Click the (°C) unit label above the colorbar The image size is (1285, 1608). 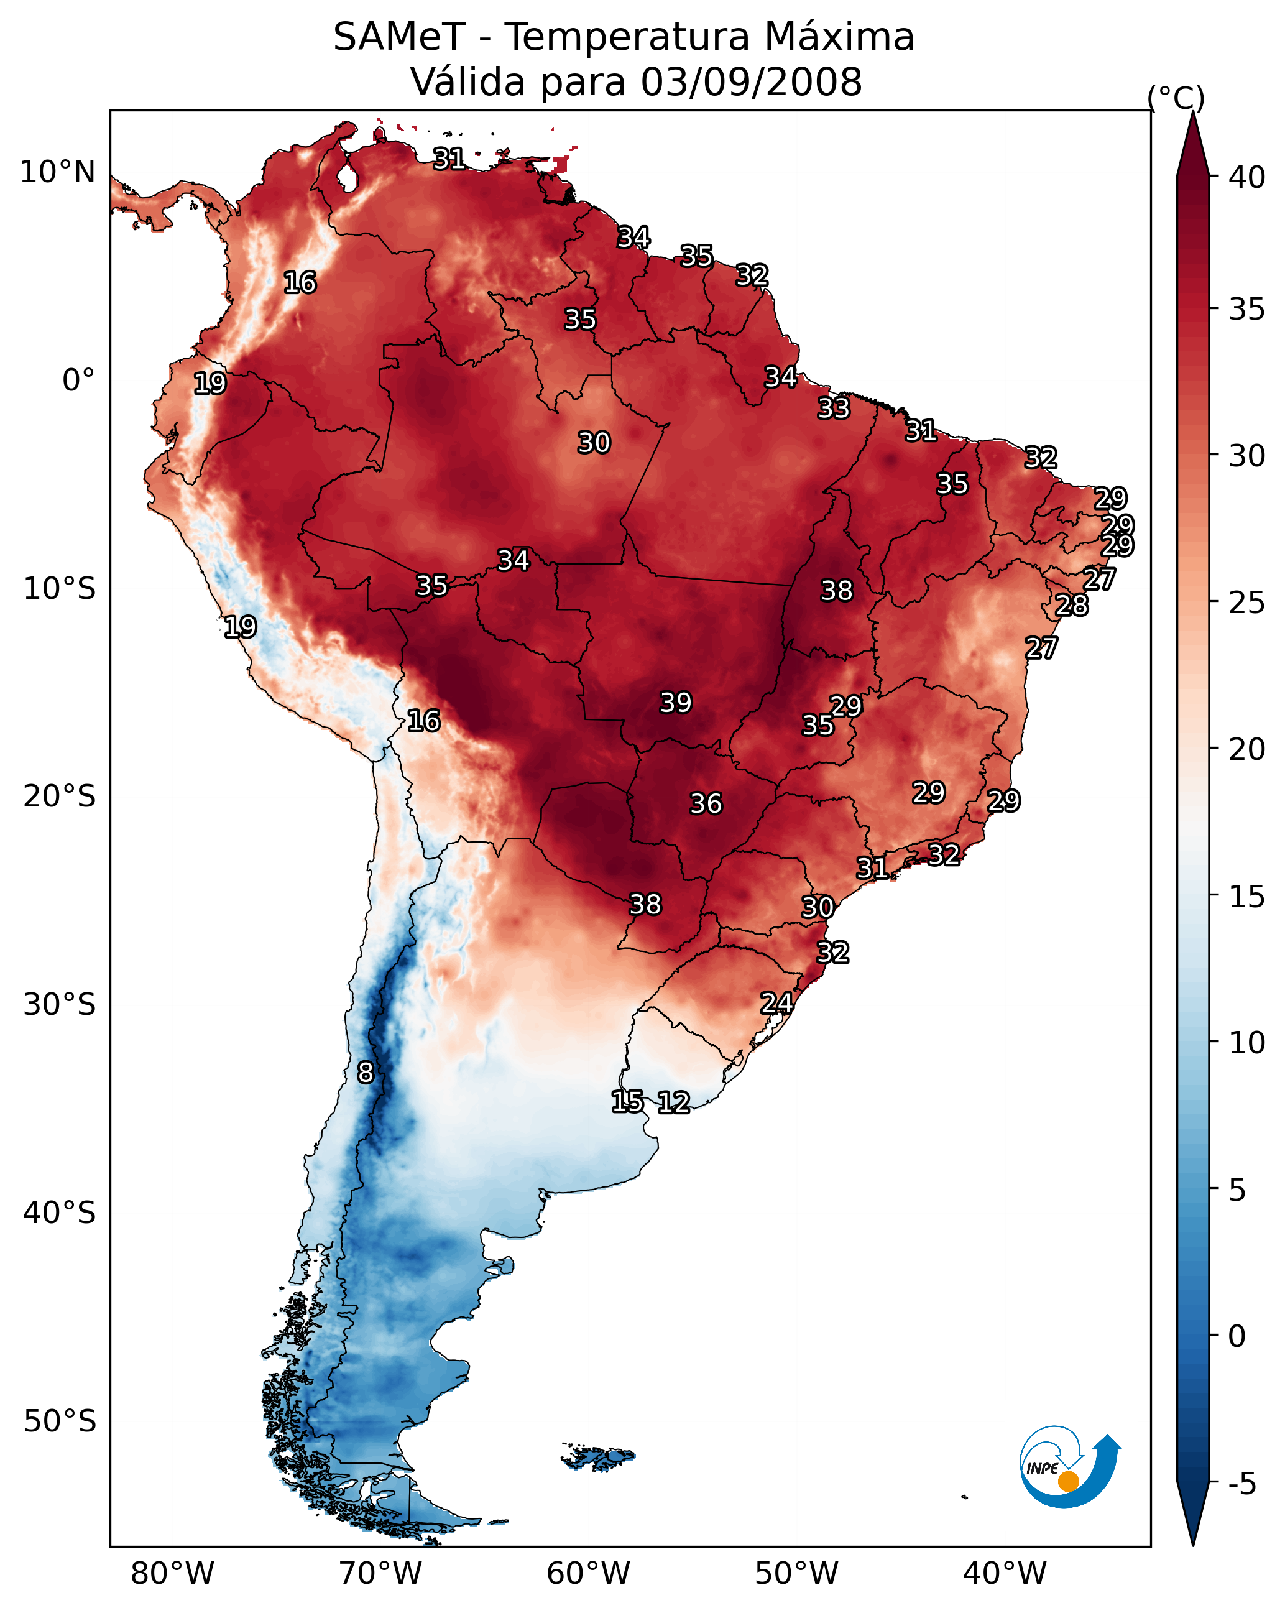tap(1176, 98)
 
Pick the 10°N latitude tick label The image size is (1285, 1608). tap(57, 172)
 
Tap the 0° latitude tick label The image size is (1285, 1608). tap(78, 381)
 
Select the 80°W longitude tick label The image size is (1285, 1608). tap(172, 1574)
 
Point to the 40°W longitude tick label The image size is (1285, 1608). tap(1005, 1574)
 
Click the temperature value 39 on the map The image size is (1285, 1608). tap(676, 703)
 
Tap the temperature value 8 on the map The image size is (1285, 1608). tap(366, 1073)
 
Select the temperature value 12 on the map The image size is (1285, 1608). tap(673, 1102)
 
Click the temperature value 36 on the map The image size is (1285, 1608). tap(706, 804)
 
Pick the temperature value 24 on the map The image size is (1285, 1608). tap(776, 1003)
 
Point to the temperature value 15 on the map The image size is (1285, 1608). tap(627, 1102)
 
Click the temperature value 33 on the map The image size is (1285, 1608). tap(833, 409)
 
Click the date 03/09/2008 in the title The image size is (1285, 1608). tap(751, 82)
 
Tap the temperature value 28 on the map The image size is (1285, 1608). tap(1072, 606)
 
